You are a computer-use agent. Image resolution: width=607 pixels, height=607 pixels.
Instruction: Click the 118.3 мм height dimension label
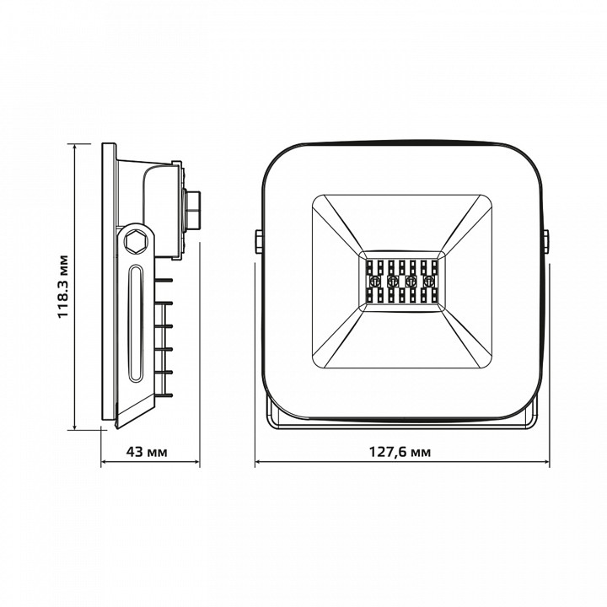click(62, 287)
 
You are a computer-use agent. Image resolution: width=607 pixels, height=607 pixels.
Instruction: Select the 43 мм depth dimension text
click(147, 451)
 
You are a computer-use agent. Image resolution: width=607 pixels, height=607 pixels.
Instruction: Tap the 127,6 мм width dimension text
click(400, 451)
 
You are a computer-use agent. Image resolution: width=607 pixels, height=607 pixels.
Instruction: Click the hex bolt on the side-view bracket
click(137, 242)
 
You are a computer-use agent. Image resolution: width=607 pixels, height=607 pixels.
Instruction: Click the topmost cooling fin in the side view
click(164, 280)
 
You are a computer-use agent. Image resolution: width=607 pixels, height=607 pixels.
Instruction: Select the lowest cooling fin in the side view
click(164, 395)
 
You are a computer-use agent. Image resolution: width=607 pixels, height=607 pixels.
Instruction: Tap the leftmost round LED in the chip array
click(375, 280)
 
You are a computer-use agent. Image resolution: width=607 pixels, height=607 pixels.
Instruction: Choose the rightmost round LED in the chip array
click(428, 280)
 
